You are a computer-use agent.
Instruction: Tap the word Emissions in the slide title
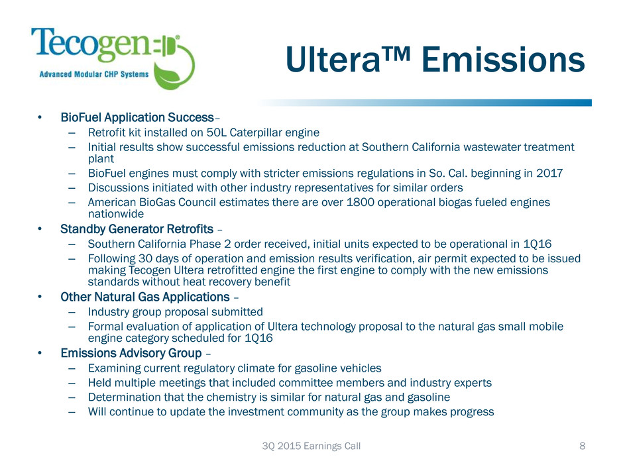pos(503,60)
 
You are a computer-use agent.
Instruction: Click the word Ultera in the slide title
pos(333,60)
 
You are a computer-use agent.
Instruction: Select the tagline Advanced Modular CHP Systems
pos(93,74)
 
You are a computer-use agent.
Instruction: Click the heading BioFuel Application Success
pos(137,117)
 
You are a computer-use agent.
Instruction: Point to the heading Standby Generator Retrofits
pos(137,229)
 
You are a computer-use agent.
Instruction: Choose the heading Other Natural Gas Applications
pos(145,297)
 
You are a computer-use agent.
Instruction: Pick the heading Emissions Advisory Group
pos(131,353)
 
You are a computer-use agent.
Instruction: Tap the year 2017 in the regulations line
pos(549,173)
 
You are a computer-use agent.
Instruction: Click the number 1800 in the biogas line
pos(361,203)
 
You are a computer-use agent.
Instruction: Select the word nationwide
pos(115,214)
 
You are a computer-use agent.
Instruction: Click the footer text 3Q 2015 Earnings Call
pos(311,446)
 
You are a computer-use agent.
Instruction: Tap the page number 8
pos(582,446)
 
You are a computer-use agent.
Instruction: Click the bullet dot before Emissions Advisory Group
pos(39,353)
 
